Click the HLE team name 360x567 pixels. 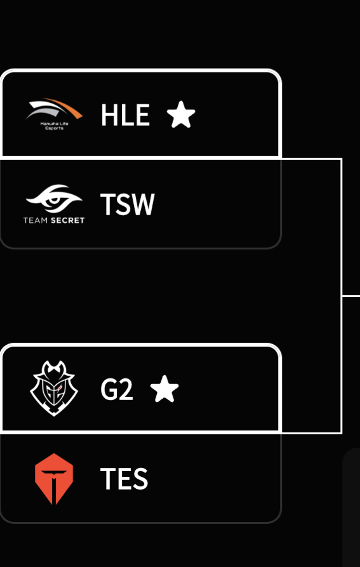coord(125,115)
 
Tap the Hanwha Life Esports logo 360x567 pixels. coord(54,114)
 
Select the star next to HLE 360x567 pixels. coord(181,115)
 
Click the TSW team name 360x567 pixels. coord(127,204)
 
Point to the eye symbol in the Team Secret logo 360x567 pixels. coord(54,199)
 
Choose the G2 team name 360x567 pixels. coord(117,389)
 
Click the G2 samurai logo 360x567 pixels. coord(54,389)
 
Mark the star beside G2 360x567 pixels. coord(164,389)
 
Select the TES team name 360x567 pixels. coord(124,478)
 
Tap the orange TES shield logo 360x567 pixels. coord(54,479)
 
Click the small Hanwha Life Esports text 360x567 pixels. coord(54,126)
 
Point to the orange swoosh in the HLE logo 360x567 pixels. coord(64,107)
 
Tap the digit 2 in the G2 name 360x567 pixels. coord(126,389)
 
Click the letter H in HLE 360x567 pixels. coord(109,115)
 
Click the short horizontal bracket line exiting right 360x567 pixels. coord(351,296)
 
